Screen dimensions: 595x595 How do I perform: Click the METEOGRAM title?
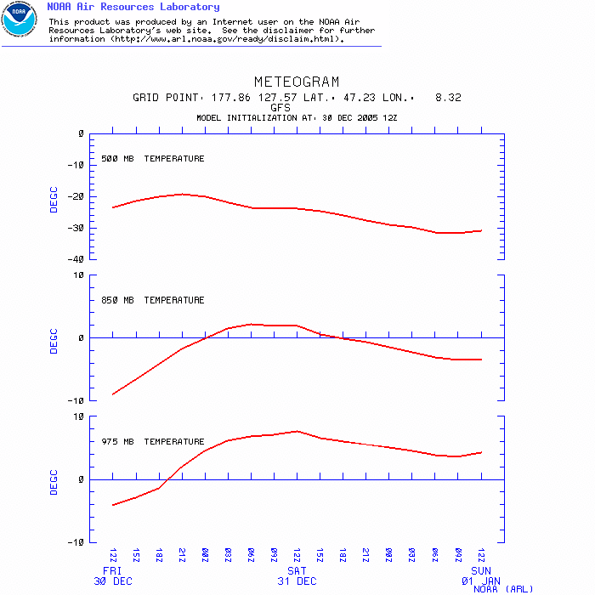[297, 82]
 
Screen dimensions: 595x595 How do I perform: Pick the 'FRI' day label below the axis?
[112, 570]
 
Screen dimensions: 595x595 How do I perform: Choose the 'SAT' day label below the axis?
[297, 570]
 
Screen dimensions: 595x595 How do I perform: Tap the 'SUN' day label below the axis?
[481, 570]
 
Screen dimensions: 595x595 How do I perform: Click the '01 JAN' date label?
[481, 581]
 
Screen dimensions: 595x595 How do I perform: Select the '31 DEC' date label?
[297, 581]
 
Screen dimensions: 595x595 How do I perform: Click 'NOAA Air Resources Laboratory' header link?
[133, 7]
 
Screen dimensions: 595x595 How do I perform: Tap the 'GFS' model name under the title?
[280, 108]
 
